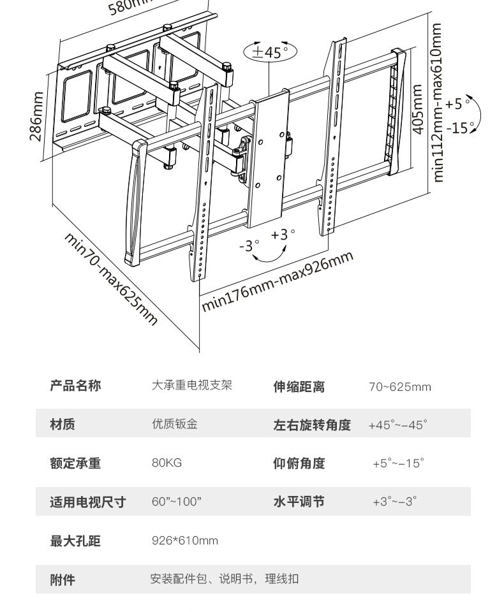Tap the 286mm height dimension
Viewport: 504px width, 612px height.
[36, 116]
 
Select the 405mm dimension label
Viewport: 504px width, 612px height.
[418, 109]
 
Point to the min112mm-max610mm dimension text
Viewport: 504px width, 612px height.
[437, 103]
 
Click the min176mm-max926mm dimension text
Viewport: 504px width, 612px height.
[278, 281]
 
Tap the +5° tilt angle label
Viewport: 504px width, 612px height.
[458, 103]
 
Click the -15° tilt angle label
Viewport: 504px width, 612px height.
[461, 127]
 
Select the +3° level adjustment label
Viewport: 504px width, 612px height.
[283, 235]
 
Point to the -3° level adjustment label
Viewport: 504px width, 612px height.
[249, 245]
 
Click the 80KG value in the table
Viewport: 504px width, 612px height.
[167, 463]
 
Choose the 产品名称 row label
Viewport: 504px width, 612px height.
[75, 386]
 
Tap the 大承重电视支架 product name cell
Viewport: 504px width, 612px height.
[191, 386]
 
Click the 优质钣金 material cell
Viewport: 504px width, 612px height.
[174, 424]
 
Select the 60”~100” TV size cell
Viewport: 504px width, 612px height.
[176, 502]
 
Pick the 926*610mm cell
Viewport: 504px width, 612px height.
[184, 541]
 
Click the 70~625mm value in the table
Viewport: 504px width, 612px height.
[399, 386]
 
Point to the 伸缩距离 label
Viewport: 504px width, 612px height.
[299, 386]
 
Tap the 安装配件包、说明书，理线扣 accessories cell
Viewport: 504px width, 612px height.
[224, 579]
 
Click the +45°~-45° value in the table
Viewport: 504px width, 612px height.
[397, 425]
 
